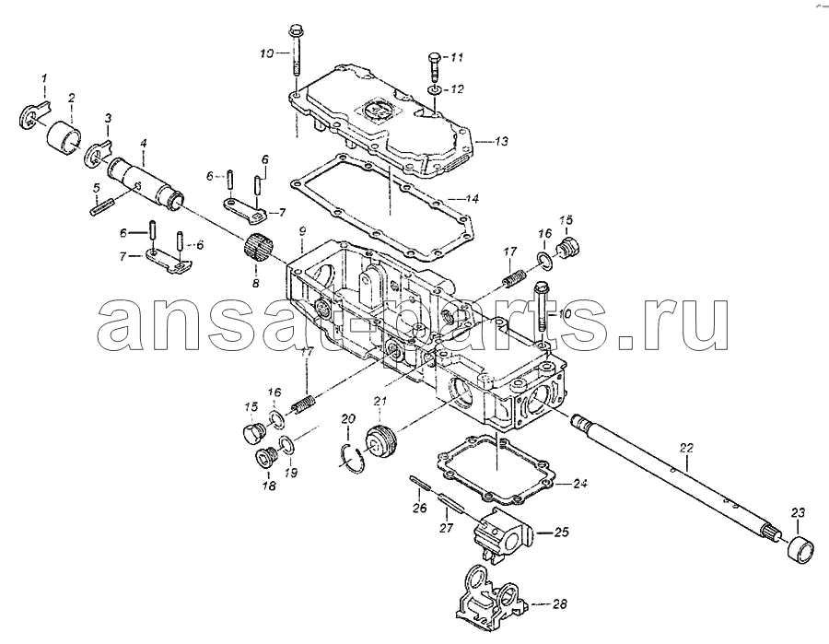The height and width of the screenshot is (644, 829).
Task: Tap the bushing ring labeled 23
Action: tap(800, 549)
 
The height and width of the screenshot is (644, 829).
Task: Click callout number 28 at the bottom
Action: tap(559, 603)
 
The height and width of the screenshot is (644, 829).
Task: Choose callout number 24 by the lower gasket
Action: tap(579, 484)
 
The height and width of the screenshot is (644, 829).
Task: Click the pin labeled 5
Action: tap(102, 206)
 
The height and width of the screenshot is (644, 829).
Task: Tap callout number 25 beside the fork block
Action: tap(561, 532)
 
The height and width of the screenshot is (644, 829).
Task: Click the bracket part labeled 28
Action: tap(491, 596)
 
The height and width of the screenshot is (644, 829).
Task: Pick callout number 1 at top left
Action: tap(44, 78)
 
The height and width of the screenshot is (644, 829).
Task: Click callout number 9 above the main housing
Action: tap(302, 231)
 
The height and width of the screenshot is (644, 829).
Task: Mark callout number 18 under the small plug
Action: tap(269, 486)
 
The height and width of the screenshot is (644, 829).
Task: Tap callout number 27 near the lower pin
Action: tap(446, 527)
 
